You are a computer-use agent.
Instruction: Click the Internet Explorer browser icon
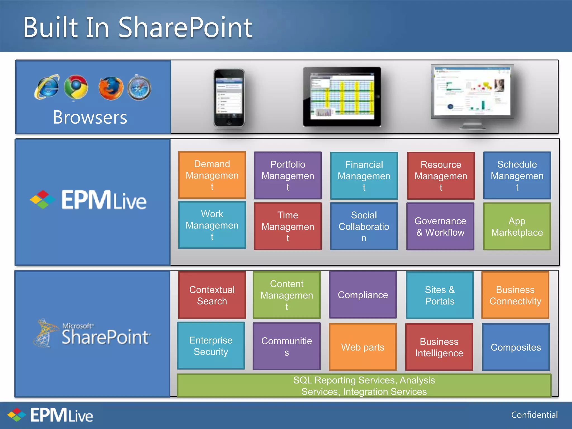click(x=47, y=87)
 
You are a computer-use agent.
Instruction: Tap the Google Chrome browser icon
click(x=76, y=87)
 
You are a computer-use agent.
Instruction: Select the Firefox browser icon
click(x=111, y=88)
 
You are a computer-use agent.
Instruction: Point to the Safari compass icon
click(x=139, y=88)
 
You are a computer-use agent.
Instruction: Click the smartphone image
click(x=229, y=98)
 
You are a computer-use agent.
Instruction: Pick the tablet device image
click(x=342, y=97)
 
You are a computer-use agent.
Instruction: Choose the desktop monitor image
click(x=472, y=95)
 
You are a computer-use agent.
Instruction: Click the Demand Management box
click(x=212, y=175)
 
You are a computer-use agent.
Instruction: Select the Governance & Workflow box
click(x=440, y=227)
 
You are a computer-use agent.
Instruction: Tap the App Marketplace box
click(x=517, y=227)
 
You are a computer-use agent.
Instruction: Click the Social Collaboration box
click(x=364, y=227)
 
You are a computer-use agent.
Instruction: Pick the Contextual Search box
click(x=212, y=295)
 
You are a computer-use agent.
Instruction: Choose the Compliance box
click(x=363, y=295)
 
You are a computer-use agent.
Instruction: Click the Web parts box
click(x=363, y=347)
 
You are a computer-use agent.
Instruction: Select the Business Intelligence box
click(x=439, y=347)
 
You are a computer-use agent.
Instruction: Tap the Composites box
click(x=516, y=347)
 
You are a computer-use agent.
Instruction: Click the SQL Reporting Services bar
click(x=364, y=386)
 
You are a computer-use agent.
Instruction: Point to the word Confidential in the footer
click(x=534, y=415)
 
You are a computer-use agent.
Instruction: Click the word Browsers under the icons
click(x=90, y=117)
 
